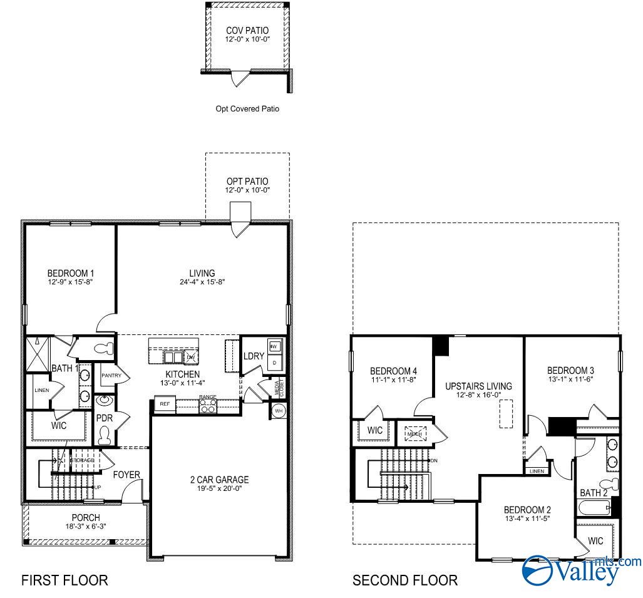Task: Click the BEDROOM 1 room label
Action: [x=70, y=274]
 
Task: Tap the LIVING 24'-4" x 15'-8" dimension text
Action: [x=202, y=282]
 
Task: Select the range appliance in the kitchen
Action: [x=208, y=406]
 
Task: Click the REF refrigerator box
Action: [x=165, y=405]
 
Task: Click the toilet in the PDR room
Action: [x=105, y=434]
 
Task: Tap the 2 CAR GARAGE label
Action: [x=219, y=480]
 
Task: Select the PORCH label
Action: [x=85, y=517]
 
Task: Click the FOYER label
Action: [x=126, y=475]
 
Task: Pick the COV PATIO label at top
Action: [x=247, y=29]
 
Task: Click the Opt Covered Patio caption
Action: [x=247, y=109]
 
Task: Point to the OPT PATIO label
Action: [x=247, y=182]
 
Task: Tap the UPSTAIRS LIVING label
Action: [x=478, y=386]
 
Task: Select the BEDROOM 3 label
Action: [x=570, y=370]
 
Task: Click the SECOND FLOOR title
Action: [x=404, y=580]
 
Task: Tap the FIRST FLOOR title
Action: [x=64, y=580]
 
